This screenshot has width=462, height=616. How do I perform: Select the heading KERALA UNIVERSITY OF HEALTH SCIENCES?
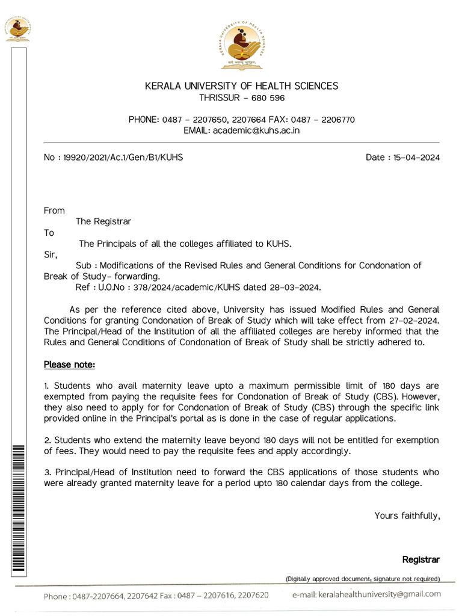point(241,86)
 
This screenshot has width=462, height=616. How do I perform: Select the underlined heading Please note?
point(69,365)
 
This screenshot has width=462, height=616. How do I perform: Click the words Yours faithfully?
point(407,516)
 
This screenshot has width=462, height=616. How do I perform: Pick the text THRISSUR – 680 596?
point(242,98)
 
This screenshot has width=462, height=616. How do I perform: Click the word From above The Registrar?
point(54,211)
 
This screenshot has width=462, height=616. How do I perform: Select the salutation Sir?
point(51,254)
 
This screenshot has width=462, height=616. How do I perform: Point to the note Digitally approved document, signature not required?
point(363,579)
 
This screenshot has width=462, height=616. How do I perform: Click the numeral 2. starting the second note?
point(47,441)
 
